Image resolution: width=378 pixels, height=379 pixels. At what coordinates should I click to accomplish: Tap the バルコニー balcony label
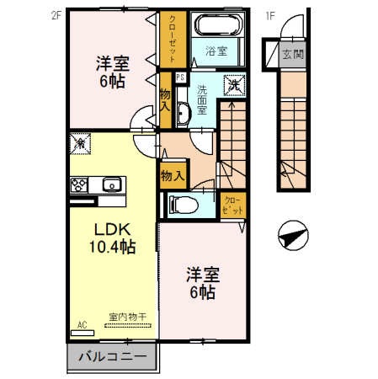[x=112, y=356]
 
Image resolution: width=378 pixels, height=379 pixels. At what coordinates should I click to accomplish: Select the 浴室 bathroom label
[x=216, y=51]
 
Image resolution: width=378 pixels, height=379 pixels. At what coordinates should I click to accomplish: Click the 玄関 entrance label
[x=292, y=56]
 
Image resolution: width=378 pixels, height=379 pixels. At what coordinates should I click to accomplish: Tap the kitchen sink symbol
[x=110, y=184]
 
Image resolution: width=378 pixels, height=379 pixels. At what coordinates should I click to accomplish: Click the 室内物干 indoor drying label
[x=127, y=318]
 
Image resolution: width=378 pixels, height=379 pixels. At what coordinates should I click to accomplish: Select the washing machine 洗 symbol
[x=233, y=83]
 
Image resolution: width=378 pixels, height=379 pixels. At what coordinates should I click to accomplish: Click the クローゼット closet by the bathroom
[x=172, y=40]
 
